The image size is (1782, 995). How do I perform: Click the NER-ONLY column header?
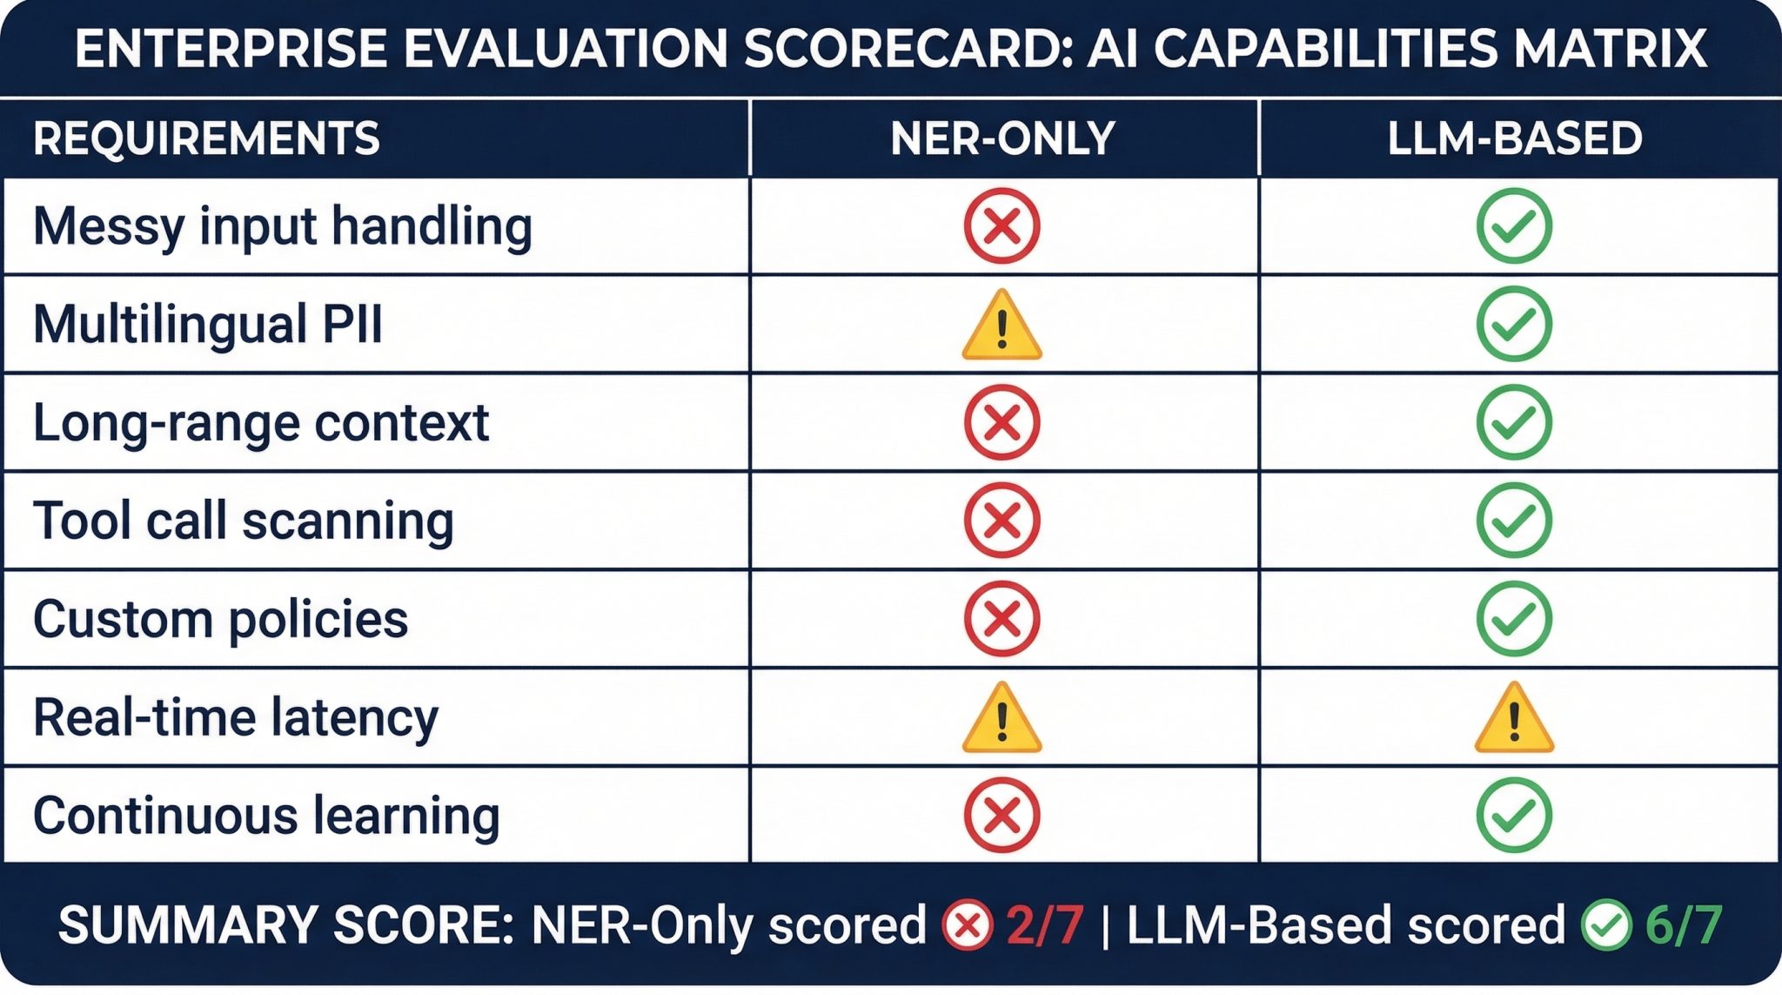click(1002, 138)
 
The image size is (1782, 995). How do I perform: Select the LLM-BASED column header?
click(1514, 138)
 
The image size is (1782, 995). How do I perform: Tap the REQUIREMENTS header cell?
click(206, 138)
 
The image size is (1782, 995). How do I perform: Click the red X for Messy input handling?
click(1002, 226)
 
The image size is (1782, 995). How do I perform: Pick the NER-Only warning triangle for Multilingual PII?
click(1002, 326)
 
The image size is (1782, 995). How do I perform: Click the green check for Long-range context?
click(1514, 423)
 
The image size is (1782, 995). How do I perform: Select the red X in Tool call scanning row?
click(1002, 521)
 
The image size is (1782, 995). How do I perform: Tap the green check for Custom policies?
click(1514, 619)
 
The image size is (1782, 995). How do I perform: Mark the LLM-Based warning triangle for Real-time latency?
click(1514, 719)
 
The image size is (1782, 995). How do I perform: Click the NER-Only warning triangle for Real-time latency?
click(1002, 719)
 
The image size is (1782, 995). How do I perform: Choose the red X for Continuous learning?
click(1002, 816)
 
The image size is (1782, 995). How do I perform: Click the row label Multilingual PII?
click(208, 325)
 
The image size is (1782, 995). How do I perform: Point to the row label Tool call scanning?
click(244, 521)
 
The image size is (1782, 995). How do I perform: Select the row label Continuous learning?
click(266, 816)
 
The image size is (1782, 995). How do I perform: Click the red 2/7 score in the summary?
click(1045, 924)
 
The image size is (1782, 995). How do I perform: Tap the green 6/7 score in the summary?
click(1684, 924)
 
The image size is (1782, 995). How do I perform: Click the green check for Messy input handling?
click(1514, 226)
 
